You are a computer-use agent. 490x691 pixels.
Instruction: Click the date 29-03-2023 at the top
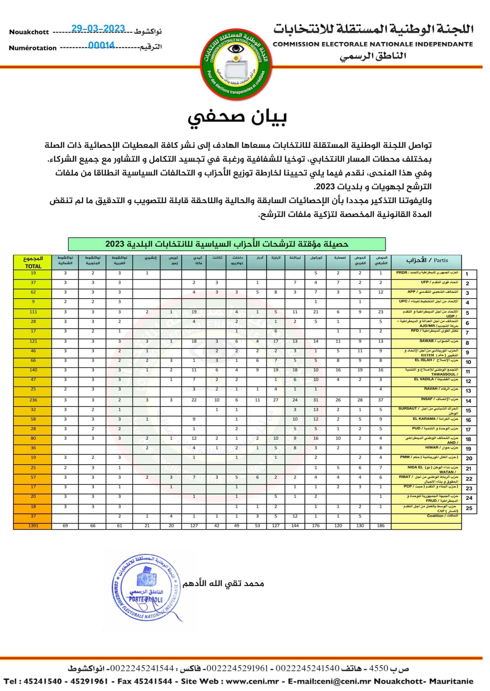tap(98, 29)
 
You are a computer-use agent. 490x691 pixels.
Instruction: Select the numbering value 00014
tap(101, 45)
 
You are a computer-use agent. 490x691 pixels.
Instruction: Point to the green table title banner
tap(226, 244)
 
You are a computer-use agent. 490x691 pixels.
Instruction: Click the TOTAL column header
tap(33, 262)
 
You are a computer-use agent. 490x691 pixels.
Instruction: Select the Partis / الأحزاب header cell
tap(426, 260)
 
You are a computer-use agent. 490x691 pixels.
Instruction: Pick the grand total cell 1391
tap(33, 526)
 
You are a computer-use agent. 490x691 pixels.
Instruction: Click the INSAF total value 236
tap(33, 400)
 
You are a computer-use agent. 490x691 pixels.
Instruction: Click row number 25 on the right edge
tap(469, 508)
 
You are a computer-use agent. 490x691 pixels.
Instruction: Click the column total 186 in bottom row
tap(380, 526)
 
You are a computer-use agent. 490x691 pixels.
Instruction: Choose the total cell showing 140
tap(33, 370)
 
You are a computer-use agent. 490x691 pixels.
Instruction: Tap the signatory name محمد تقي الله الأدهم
tap(223, 583)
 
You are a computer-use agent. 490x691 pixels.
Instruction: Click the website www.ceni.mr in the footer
tap(252, 681)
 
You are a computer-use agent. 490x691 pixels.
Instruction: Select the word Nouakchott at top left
tap(29, 32)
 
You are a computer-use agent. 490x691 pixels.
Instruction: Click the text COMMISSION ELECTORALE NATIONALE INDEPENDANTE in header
tap(373, 44)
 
